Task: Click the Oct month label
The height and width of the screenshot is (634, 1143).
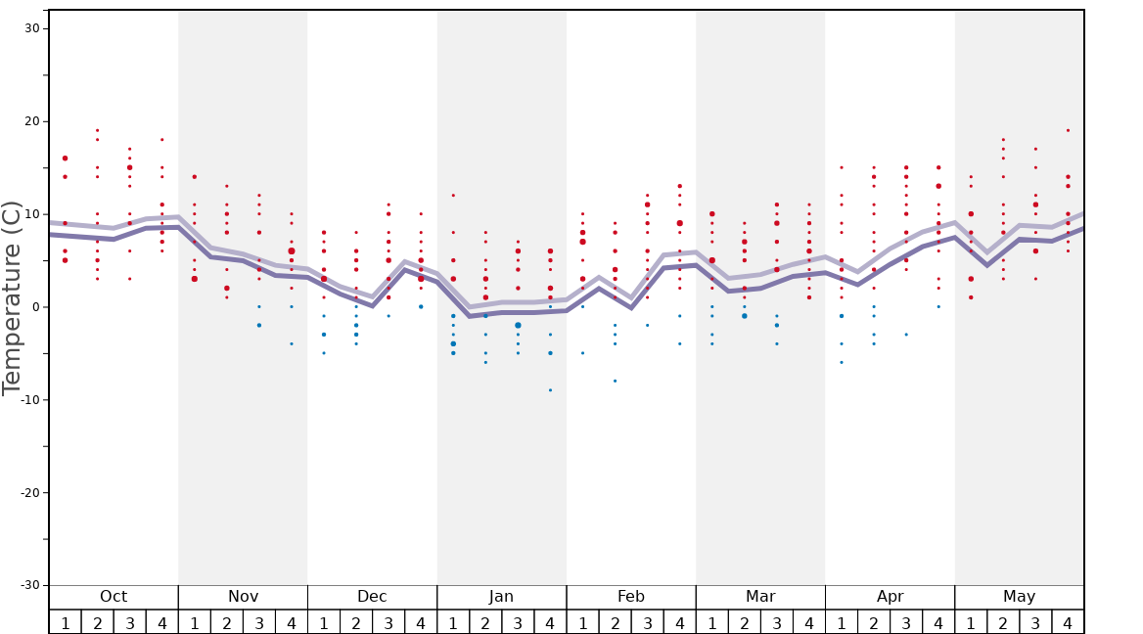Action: pyautogui.click(x=114, y=597)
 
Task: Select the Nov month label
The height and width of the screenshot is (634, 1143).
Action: pyautogui.click(x=243, y=597)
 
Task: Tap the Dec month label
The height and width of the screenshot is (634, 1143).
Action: pyautogui.click(x=372, y=597)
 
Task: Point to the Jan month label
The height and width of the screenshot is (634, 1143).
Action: pyautogui.click(x=501, y=597)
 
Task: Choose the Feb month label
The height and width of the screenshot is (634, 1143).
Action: pyautogui.click(x=631, y=597)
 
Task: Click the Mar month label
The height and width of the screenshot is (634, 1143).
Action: pyautogui.click(x=760, y=597)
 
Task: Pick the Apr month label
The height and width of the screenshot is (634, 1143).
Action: pyautogui.click(x=890, y=597)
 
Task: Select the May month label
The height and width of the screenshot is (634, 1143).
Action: pyautogui.click(x=1019, y=597)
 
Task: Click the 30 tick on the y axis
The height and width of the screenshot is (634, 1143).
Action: pyautogui.click(x=32, y=28)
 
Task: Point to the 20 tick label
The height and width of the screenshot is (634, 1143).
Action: pyautogui.click(x=32, y=121)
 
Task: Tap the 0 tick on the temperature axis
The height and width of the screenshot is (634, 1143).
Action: pyautogui.click(x=35, y=307)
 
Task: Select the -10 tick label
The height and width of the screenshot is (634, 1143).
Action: pyautogui.click(x=29, y=400)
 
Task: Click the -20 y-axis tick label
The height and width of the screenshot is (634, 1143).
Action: pyautogui.click(x=29, y=493)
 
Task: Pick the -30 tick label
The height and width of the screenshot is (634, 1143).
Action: pyautogui.click(x=29, y=585)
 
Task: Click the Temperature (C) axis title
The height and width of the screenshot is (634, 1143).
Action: pyautogui.click(x=12, y=297)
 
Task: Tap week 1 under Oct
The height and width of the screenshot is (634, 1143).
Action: pyautogui.click(x=66, y=623)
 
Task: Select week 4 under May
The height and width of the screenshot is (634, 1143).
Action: pyautogui.click(x=1068, y=623)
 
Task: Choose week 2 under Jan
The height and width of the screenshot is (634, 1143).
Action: pyautogui.click(x=485, y=623)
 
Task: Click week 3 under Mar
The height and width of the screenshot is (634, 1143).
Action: pyautogui.click(x=777, y=623)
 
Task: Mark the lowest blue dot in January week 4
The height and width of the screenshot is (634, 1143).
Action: pyautogui.click(x=550, y=390)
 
